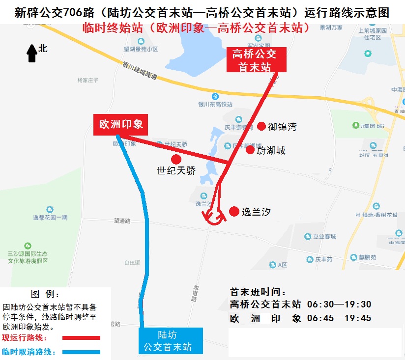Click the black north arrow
coord(32,53)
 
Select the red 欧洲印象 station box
coord(121,125)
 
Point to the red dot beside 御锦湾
coord(261,126)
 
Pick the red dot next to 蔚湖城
coord(250,150)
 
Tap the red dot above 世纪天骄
coord(176,159)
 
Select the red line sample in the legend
coord(82,338)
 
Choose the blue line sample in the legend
coord(82,352)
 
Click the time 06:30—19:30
coord(339,305)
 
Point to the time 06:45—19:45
coord(339,318)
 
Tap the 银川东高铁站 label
coord(215,104)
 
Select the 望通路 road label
coord(122,221)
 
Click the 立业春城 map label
coord(324,237)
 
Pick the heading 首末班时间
coord(258,292)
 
